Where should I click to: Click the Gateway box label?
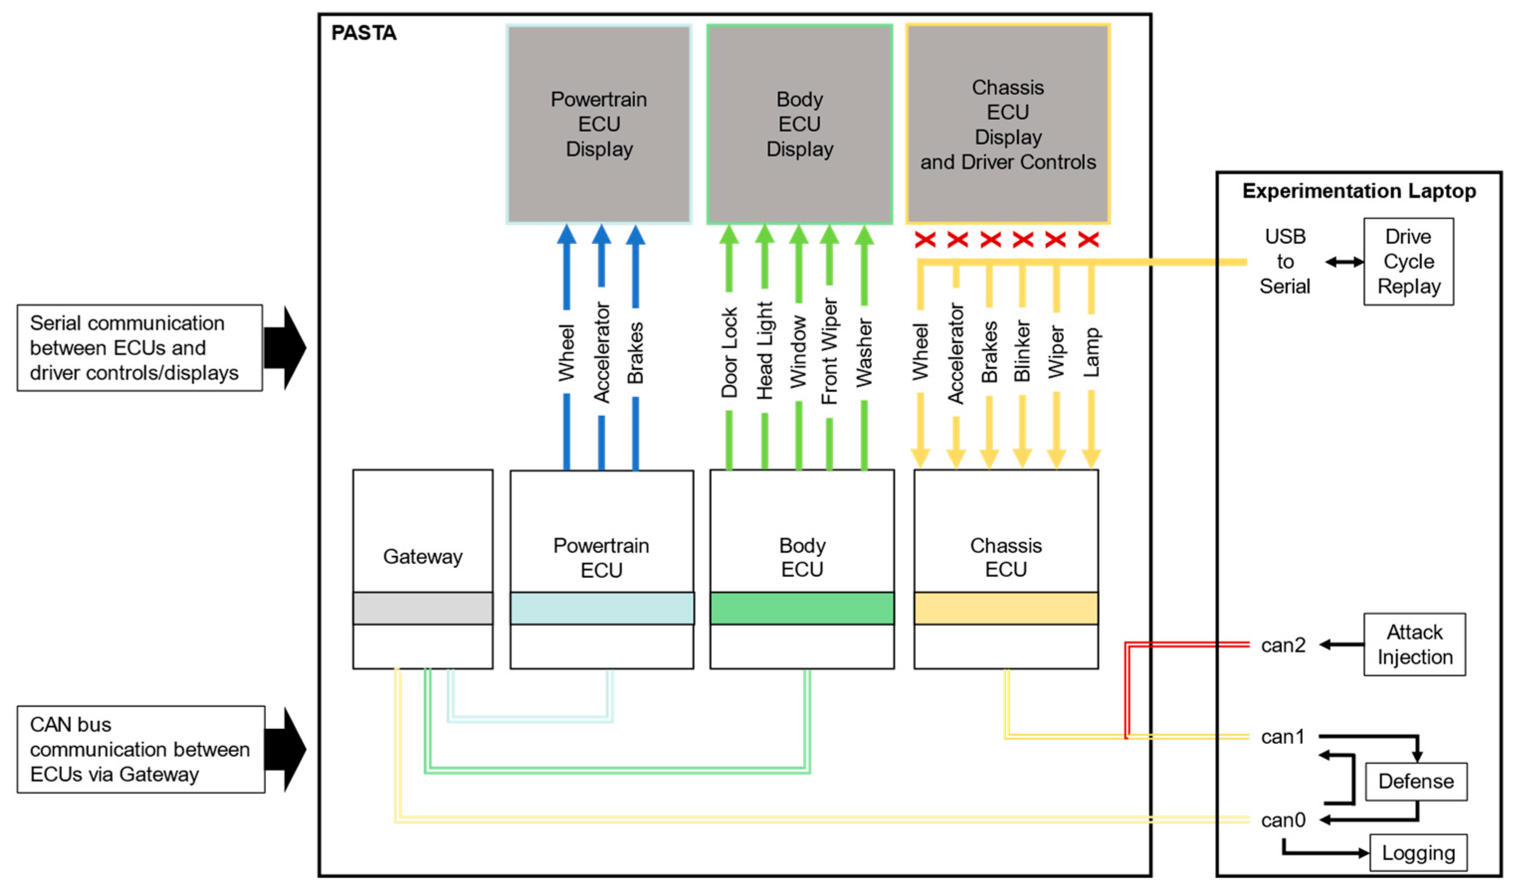[x=423, y=556]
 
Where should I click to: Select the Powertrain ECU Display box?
[x=599, y=124]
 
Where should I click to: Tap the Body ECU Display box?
[x=799, y=124]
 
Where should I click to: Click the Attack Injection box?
[x=1414, y=645]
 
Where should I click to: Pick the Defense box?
[x=1415, y=781]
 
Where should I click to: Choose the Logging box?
[x=1418, y=853]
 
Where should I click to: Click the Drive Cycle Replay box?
[x=1408, y=261]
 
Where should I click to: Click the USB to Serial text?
[x=1284, y=261]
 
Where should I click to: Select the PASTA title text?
[x=364, y=33]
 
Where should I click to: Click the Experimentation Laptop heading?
[x=1359, y=191]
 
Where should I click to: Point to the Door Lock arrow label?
[x=729, y=353]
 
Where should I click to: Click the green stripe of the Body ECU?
[x=802, y=608]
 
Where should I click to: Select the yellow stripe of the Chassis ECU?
[x=1006, y=608]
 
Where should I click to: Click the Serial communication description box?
[x=139, y=348]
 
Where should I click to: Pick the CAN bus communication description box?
[x=140, y=749]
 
